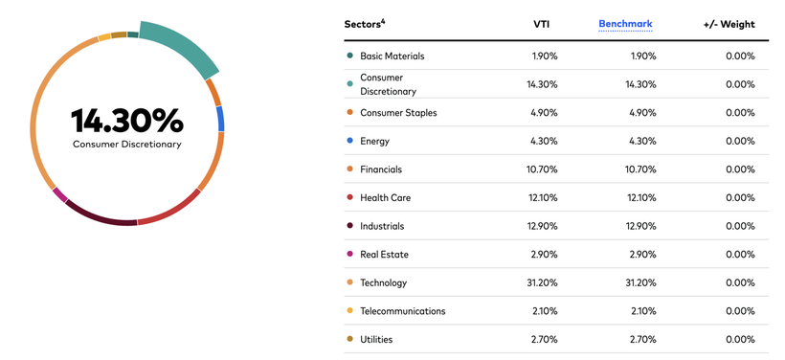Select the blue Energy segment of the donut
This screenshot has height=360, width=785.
click(x=220, y=119)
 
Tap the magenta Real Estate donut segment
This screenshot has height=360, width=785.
click(x=59, y=194)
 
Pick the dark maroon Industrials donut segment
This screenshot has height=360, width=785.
click(x=100, y=215)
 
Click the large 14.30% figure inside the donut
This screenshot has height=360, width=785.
click(x=127, y=121)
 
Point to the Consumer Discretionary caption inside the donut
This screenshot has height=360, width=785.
click(x=127, y=145)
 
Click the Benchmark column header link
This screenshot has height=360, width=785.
click(x=625, y=24)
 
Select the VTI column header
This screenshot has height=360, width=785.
click(x=541, y=24)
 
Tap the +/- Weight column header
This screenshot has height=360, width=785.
click(x=729, y=24)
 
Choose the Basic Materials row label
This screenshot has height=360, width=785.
click(x=392, y=56)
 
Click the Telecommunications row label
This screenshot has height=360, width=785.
click(x=402, y=311)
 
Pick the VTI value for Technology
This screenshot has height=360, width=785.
click(x=542, y=282)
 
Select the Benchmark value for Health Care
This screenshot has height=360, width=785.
click(x=641, y=198)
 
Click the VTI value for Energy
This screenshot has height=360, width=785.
click(x=544, y=141)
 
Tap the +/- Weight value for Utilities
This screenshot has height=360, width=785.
click(x=740, y=340)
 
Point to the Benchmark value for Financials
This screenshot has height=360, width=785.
click(x=640, y=169)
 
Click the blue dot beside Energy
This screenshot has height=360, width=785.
click(x=350, y=141)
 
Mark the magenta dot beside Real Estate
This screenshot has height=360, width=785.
click(x=350, y=255)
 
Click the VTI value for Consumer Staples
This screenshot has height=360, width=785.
click(x=544, y=113)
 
